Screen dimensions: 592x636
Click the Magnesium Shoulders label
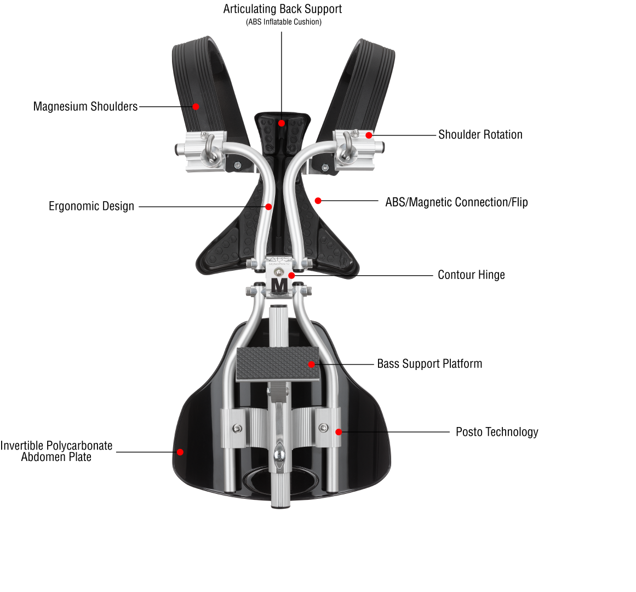[x=85, y=106]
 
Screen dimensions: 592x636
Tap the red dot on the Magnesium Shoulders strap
[x=196, y=107]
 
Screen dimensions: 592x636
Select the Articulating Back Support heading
[x=283, y=9]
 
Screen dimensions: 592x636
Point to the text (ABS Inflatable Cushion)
[x=283, y=22]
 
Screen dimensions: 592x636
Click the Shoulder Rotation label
[x=480, y=135]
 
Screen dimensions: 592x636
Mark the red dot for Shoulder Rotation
[x=369, y=135]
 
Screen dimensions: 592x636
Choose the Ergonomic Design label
[x=91, y=207]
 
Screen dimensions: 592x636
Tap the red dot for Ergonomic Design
[x=268, y=207]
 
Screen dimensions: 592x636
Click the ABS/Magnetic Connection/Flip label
[x=456, y=202]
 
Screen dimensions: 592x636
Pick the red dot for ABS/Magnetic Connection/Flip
[x=318, y=201]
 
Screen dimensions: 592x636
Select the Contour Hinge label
[x=471, y=275]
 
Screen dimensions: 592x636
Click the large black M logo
[x=279, y=286]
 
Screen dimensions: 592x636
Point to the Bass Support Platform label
[x=429, y=364]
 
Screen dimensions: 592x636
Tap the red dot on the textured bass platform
[x=311, y=365]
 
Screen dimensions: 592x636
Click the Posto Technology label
[x=497, y=432]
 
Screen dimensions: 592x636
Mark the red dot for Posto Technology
[x=339, y=432]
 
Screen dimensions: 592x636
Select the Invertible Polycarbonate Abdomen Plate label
[x=56, y=451]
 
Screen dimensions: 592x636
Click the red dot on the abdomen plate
[x=180, y=452]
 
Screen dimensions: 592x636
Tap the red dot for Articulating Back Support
[x=282, y=123]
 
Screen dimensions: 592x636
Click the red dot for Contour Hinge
[x=292, y=275]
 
